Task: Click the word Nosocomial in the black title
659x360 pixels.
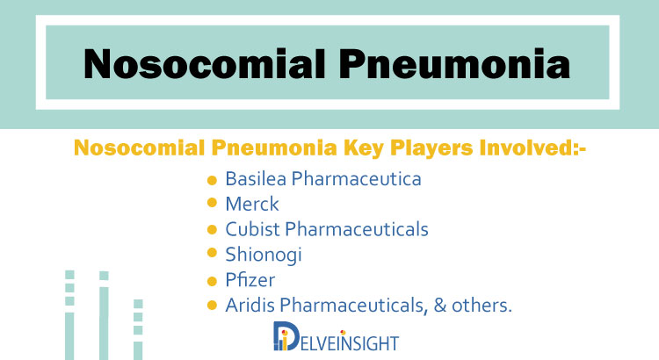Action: (x=205, y=64)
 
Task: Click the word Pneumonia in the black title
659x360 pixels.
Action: (x=455, y=64)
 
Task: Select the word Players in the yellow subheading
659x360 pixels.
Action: (x=431, y=148)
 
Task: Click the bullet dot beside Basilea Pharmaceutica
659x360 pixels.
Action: (x=212, y=180)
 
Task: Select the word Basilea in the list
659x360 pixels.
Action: (x=256, y=178)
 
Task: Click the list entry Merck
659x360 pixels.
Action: (x=252, y=205)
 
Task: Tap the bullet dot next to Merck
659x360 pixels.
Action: (x=212, y=203)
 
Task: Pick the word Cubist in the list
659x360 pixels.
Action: (x=252, y=229)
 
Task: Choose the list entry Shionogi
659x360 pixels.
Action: (x=264, y=255)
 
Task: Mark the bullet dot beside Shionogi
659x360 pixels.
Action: (x=212, y=253)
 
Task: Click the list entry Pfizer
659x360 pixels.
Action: (x=250, y=280)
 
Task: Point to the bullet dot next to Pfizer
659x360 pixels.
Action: (x=212, y=281)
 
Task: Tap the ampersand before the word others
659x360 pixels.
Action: (x=440, y=306)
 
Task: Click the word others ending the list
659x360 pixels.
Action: (x=482, y=306)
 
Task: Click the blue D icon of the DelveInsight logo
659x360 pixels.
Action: (x=286, y=336)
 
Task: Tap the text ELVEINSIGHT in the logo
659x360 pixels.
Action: (x=349, y=343)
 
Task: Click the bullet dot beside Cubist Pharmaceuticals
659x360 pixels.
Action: (x=212, y=230)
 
